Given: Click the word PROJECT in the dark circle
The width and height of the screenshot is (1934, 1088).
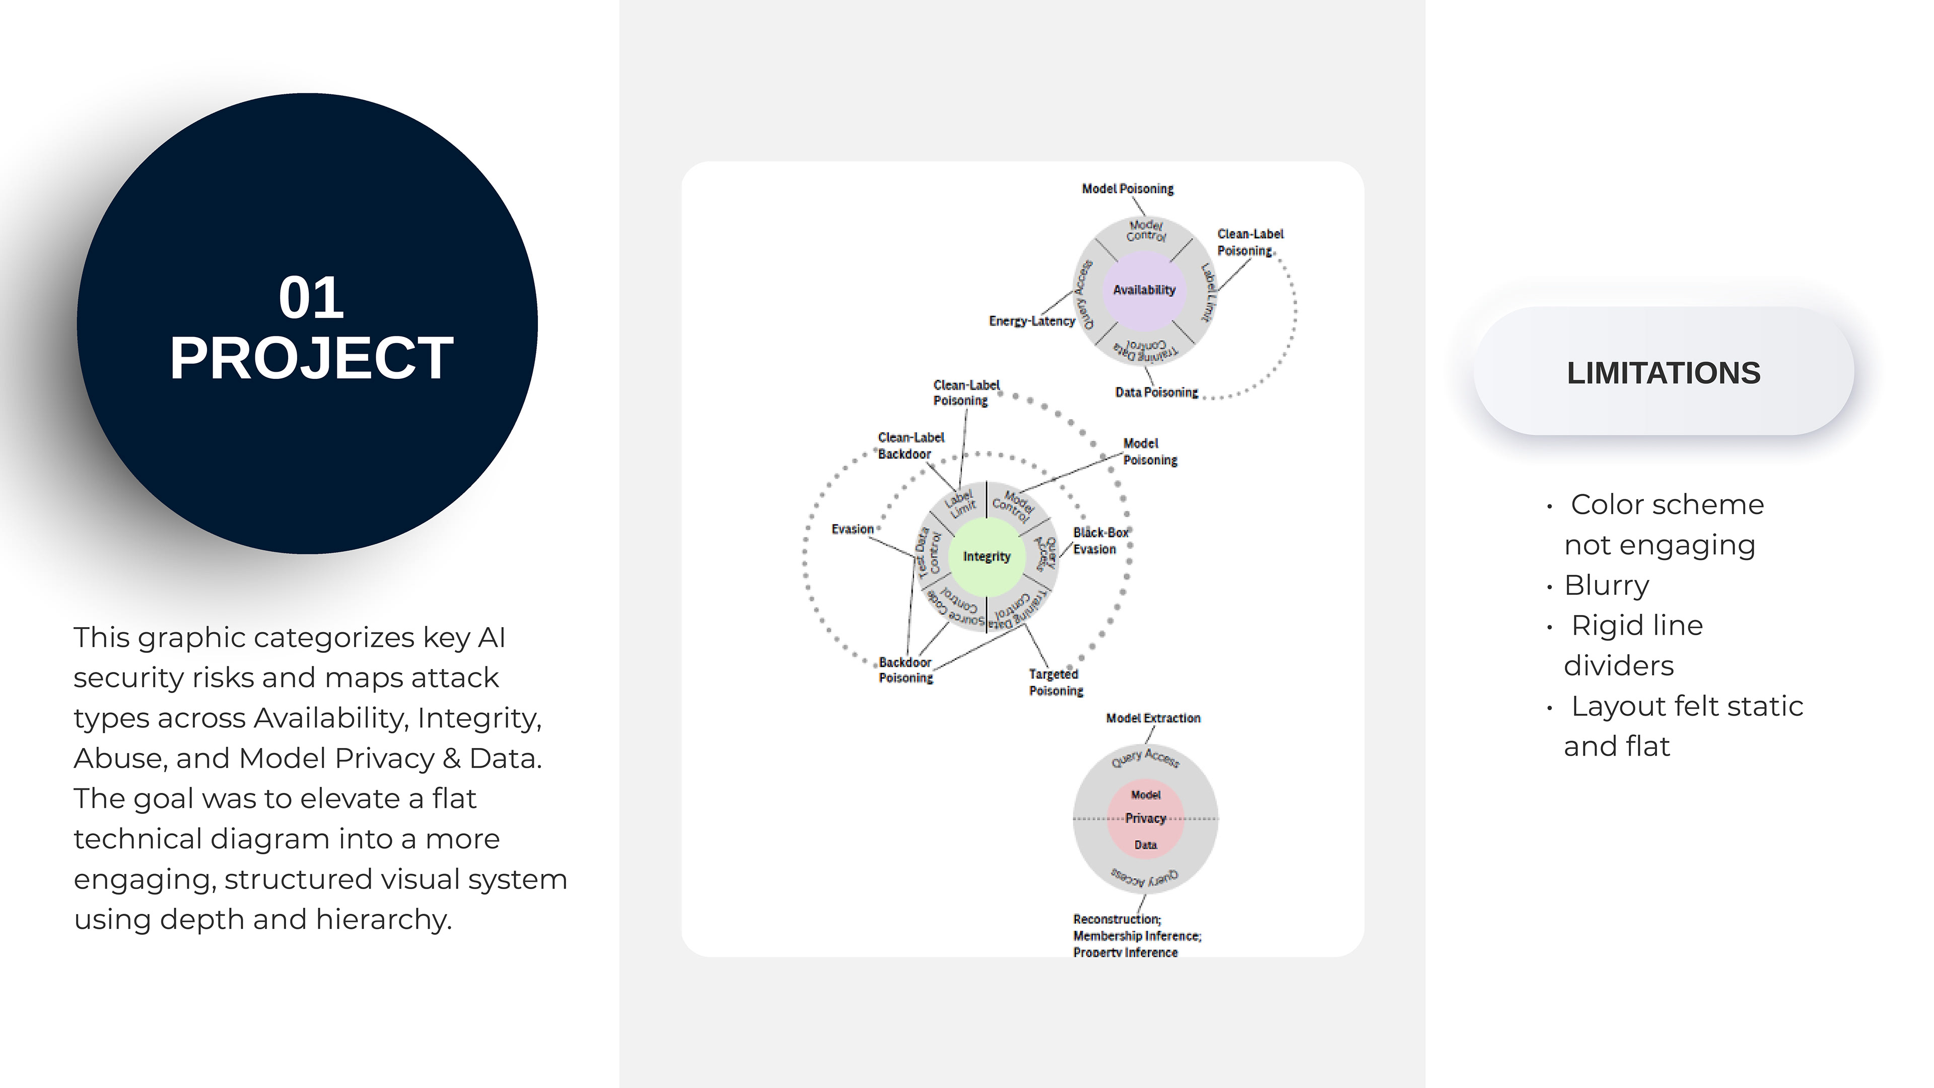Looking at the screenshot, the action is click(x=311, y=358).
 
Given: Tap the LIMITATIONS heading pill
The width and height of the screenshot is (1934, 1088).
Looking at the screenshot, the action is click(x=1663, y=372).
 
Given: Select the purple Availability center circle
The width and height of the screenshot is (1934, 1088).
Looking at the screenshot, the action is click(x=1143, y=290).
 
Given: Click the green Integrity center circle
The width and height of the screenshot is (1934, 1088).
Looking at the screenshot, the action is click(x=987, y=557).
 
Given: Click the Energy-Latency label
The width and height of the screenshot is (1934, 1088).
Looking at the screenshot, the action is click(x=1031, y=321).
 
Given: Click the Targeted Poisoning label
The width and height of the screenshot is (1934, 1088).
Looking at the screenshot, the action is click(x=1055, y=683).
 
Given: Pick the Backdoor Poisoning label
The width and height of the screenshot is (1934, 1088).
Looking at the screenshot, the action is click(x=906, y=670).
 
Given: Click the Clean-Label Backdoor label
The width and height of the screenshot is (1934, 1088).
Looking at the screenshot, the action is click(x=910, y=445).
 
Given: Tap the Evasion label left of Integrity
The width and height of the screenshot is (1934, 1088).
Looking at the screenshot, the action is click(x=852, y=529).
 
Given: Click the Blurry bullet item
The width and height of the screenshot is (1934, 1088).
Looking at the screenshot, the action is click(x=1606, y=585).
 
